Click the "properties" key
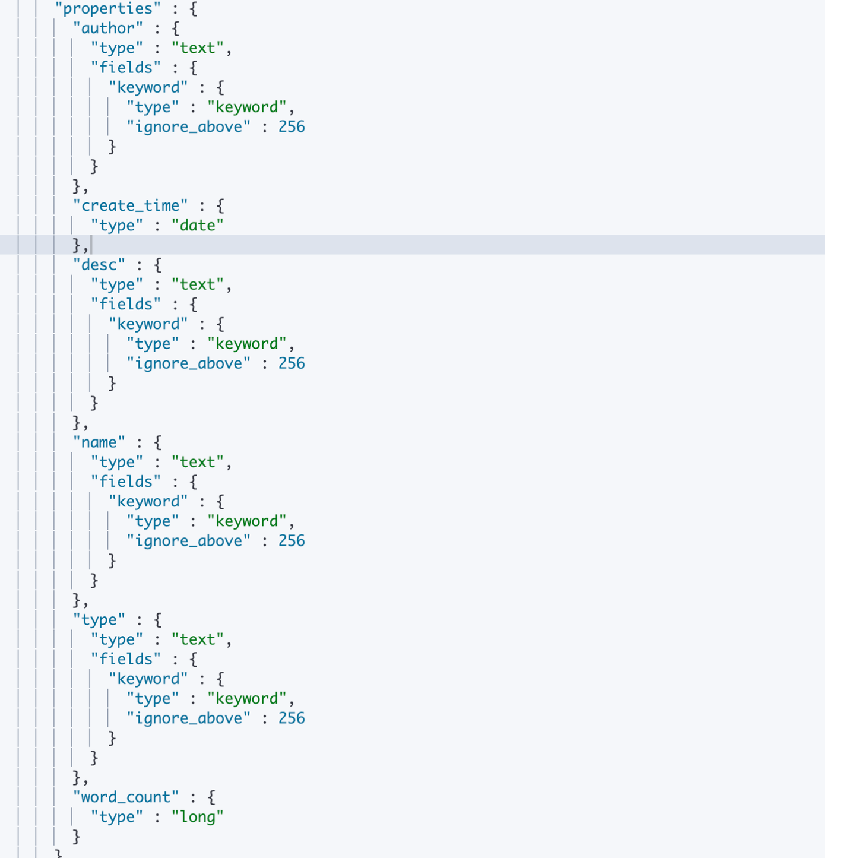(x=107, y=9)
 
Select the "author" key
(x=107, y=29)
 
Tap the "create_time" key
(x=130, y=206)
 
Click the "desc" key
(x=99, y=265)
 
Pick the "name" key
(x=99, y=442)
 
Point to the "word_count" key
(x=125, y=797)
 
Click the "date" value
(x=197, y=226)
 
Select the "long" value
(x=197, y=817)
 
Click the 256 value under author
(x=292, y=127)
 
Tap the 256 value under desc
(x=292, y=363)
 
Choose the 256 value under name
(x=292, y=541)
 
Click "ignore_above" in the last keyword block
(x=188, y=718)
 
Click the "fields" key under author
(x=125, y=68)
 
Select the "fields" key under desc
(x=125, y=305)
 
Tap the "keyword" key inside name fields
(x=148, y=502)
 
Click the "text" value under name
(x=197, y=462)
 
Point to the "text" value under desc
(x=197, y=285)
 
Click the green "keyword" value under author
(x=246, y=107)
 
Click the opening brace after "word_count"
(x=211, y=797)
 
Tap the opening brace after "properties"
(x=194, y=9)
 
